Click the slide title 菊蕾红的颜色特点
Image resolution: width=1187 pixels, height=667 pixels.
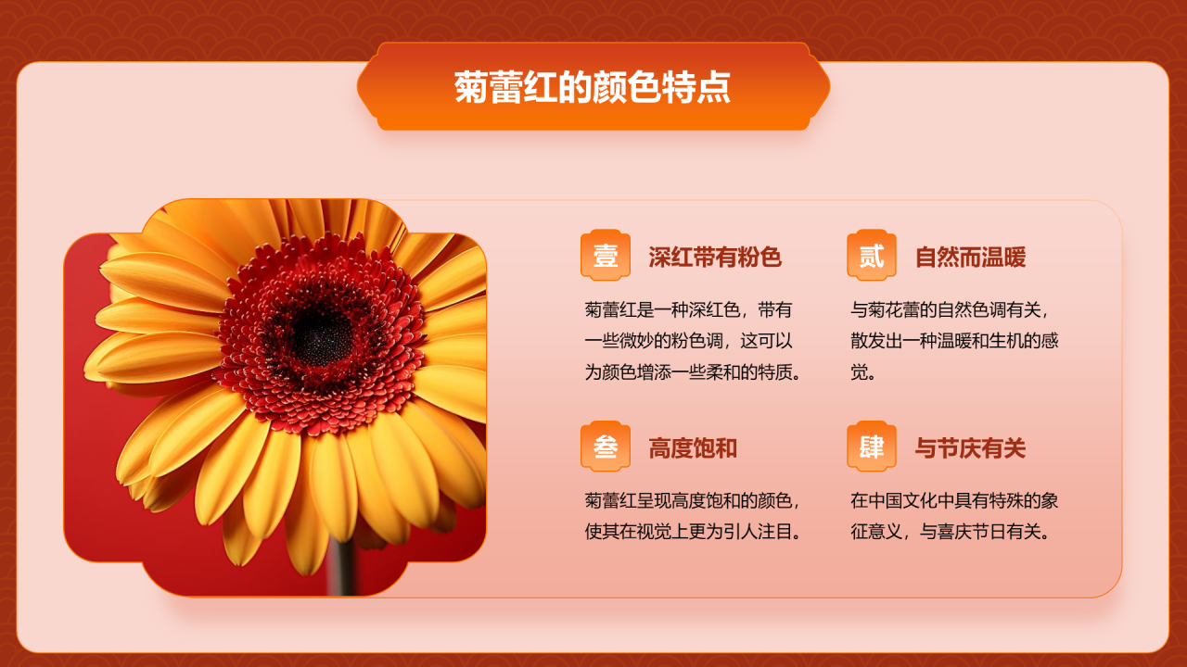593,87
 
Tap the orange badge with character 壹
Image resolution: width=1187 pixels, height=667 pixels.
606,255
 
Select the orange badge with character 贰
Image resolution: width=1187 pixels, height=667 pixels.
872,255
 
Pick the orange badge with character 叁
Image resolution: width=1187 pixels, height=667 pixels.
606,447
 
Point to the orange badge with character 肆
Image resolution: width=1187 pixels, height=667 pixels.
872,447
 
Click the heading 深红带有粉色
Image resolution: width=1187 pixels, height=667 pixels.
715,257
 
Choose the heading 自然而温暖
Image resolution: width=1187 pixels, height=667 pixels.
970,257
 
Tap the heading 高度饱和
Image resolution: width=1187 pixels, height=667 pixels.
693,448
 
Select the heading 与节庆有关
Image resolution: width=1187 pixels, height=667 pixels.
970,448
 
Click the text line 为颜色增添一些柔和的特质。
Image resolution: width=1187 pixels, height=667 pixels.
693,372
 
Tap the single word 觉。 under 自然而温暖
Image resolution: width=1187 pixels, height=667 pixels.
863,372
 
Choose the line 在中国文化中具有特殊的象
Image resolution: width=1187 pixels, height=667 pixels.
954,501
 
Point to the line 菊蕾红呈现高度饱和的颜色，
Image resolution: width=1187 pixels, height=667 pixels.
693,501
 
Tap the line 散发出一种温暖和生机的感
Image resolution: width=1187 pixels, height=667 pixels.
954,341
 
